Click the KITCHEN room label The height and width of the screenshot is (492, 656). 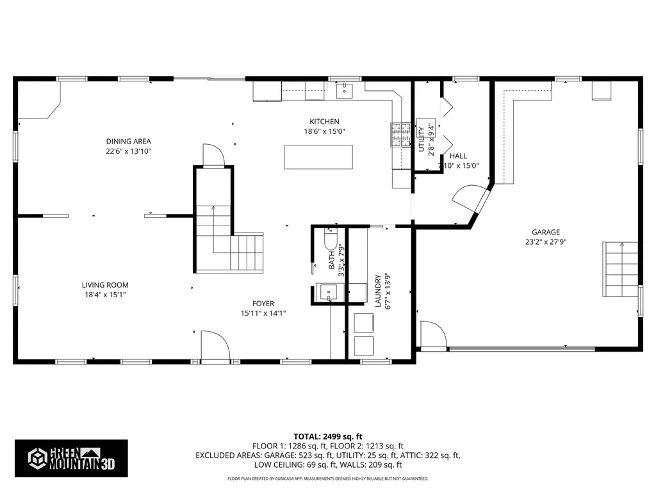tap(324, 122)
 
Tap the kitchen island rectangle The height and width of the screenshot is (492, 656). tap(318, 157)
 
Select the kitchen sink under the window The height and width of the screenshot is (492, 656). tap(346, 90)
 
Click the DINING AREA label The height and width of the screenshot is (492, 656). tap(129, 142)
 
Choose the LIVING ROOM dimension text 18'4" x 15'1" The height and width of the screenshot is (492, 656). tap(105, 295)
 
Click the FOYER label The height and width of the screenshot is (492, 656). tap(263, 304)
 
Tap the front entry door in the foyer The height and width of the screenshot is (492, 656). tap(216, 347)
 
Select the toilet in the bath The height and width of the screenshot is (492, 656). tap(331, 240)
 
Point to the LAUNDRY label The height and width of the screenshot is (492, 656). tap(379, 291)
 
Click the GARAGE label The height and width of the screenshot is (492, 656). tap(546, 233)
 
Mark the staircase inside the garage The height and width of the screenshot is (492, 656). tap(621, 268)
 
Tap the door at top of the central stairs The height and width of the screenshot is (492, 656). tap(213, 155)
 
